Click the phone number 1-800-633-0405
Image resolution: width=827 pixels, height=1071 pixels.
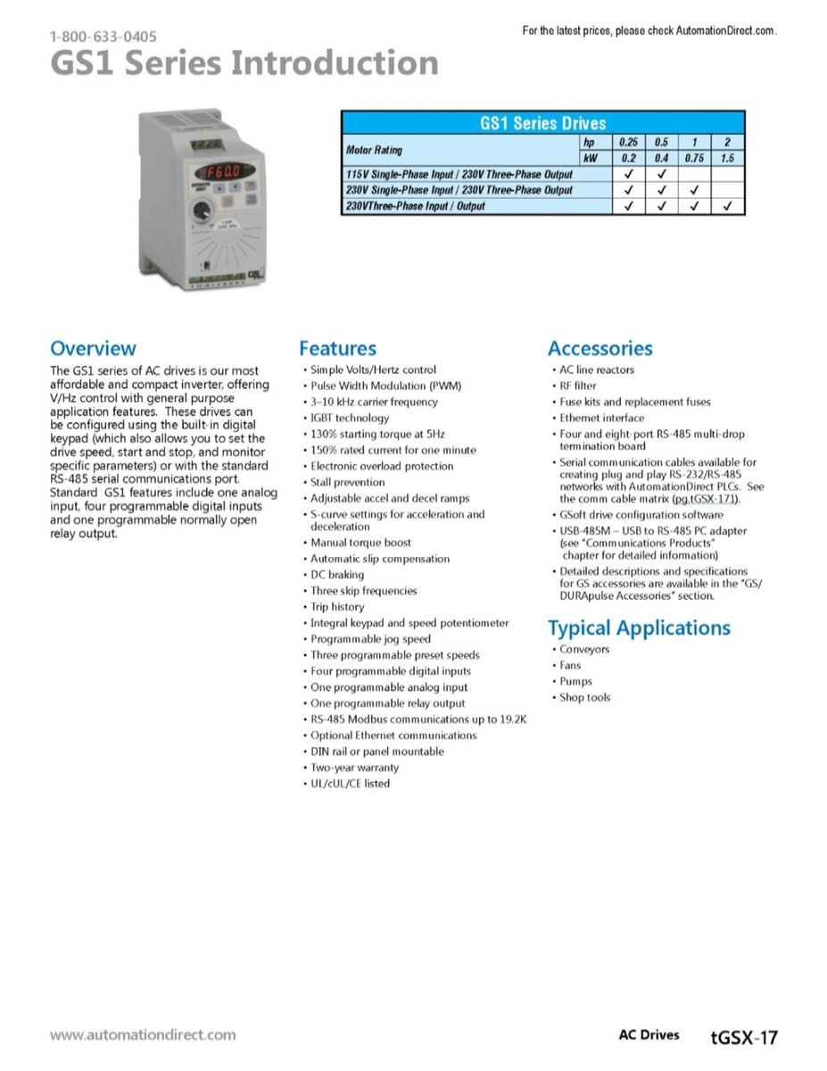coord(103,37)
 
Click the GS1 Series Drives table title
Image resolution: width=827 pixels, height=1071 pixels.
coord(542,123)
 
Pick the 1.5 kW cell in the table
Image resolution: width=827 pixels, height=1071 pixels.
coord(728,158)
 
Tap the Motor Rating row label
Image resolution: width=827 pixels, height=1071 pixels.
coord(374,150)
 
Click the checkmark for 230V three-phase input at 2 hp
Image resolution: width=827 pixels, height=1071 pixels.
coord(728,206)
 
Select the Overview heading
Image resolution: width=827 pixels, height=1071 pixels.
coord(93,348)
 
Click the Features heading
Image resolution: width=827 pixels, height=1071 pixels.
coord(337,348)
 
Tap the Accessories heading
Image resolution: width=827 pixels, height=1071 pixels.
coord(600,348)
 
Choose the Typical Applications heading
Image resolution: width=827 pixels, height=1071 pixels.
coord(639,628)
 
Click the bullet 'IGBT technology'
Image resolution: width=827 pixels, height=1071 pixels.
coord(350,418)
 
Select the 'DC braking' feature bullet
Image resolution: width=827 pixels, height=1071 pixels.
coord(337,575)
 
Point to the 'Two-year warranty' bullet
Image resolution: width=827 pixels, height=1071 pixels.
coord(355,768)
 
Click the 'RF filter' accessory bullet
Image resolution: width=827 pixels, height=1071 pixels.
coord(578,386)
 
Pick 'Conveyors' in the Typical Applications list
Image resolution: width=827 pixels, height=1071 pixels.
coord(584,650)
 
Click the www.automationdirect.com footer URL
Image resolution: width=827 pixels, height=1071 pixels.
coord(143,1035)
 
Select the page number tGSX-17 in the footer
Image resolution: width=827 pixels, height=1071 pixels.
coord(744,1037)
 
